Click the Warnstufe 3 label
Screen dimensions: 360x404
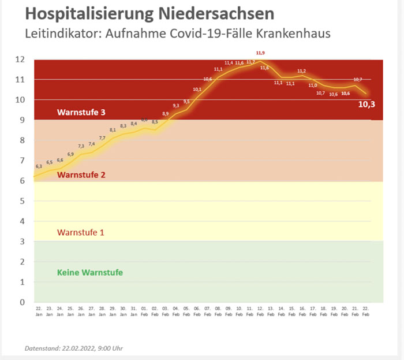click(x=81, y=112)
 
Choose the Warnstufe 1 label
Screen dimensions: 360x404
click(x=81, y=233)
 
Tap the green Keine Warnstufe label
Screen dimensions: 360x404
click(x=90, y=272)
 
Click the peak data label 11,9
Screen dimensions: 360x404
click(x=260, y=53)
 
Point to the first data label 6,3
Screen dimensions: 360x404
click(x=39, y=166)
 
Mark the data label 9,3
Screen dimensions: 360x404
click(x=175, y=105)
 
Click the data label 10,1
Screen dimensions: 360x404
click(x=197, y=90)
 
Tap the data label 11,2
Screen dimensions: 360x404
click(x=301, y=71)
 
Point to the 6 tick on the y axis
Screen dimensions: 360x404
click(x=22, y=181)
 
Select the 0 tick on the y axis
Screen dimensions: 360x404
click(x=22, y=302)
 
